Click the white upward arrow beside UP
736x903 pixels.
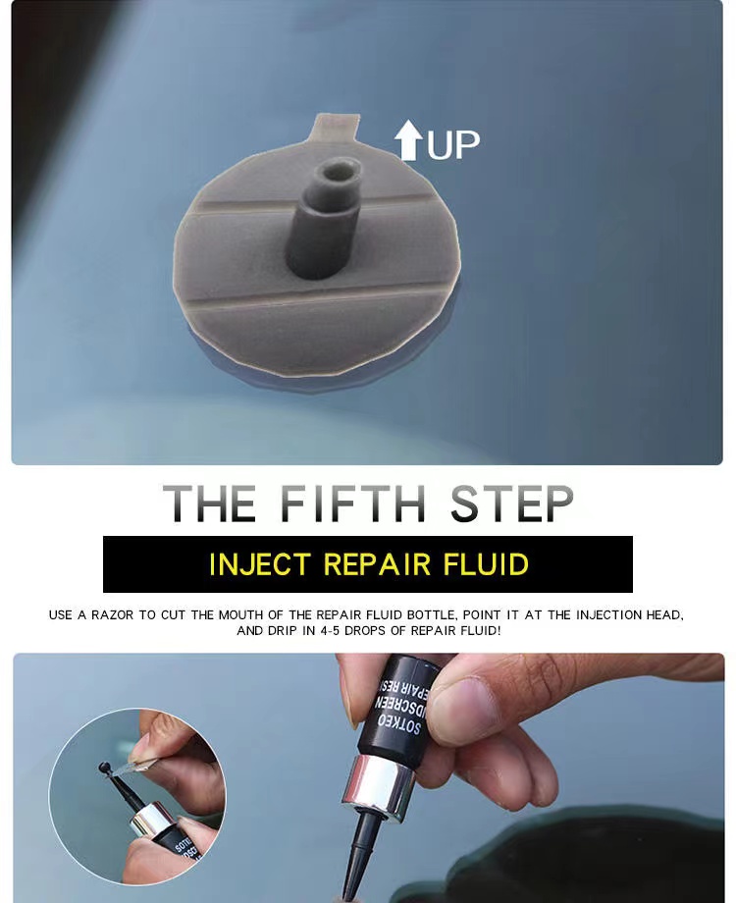click(408, 141)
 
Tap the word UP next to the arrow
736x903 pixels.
click(453, 144)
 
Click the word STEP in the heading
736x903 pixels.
click(511, 504)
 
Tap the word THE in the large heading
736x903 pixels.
click(209, 504)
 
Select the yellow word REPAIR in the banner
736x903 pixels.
click(377, 564)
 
